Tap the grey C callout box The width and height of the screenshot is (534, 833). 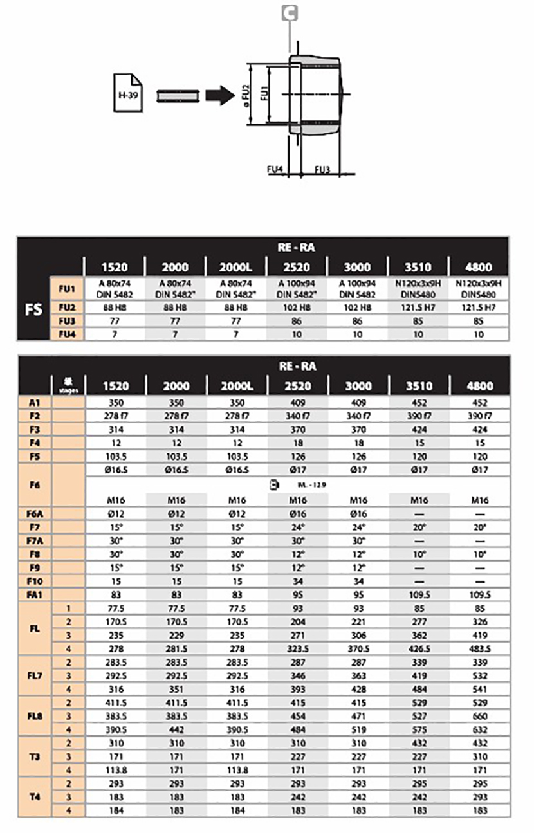click(292, 12)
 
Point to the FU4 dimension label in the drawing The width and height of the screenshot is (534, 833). click(275, 169)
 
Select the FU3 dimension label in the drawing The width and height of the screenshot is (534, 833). click(322, 169)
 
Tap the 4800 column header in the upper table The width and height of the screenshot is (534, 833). click(479, 266)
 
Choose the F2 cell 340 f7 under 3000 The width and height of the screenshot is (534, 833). click(357, 416)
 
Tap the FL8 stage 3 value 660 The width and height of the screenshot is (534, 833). click(479, 716)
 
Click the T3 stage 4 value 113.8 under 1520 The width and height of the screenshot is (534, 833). click(115, 770)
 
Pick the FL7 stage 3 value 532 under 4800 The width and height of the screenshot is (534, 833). click(479, 676)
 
